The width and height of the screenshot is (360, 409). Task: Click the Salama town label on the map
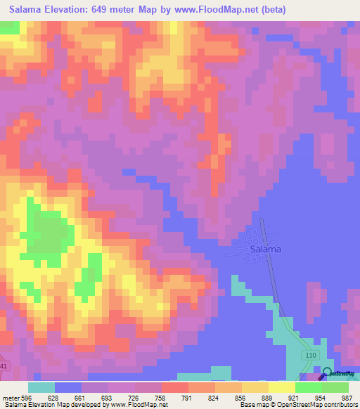265,249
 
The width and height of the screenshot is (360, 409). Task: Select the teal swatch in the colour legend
41,387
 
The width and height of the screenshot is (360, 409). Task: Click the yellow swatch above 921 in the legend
281,387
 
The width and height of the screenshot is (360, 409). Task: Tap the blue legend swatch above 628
68,387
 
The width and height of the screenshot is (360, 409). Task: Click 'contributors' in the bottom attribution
340,404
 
